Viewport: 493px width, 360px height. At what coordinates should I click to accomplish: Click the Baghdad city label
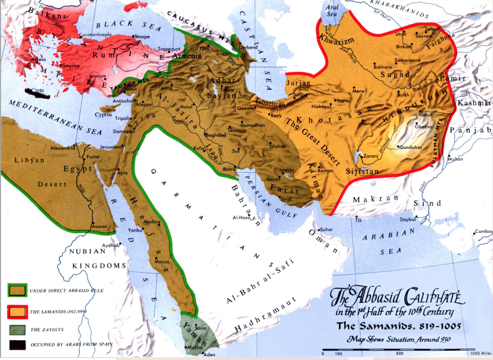[214, 135]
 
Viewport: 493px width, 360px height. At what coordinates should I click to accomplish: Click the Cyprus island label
[103, 115]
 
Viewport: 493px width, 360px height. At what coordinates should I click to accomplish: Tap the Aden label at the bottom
[208, 354]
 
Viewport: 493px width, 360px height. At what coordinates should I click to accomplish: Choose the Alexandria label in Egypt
[64, 147]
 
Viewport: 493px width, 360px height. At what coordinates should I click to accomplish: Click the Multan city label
[454, 159]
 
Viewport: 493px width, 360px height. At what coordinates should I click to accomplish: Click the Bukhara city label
[382, 66]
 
